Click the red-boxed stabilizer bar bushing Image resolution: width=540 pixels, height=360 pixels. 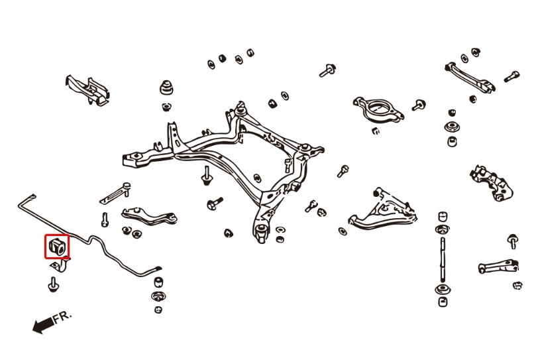click(x=57, y=247)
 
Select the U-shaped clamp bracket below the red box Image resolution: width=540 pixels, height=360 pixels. click(x=60, y=265)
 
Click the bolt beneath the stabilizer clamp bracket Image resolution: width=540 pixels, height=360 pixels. click(x=53, y=284)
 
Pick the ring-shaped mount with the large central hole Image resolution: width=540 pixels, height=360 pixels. click(x=378, y=109)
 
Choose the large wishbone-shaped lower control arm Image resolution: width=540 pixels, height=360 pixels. click(x=382, y=210)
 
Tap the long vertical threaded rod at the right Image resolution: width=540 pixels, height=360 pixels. click(x=443, y=259)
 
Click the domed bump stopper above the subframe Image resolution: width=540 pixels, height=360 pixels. click(x=166, y=88)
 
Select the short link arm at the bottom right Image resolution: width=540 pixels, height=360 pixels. click(x=498, y=267)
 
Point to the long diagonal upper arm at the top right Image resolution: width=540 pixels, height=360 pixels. click(x=470, y=78)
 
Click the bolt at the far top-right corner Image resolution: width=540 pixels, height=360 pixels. click(x=512, y=76)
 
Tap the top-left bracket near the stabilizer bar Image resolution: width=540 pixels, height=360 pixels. click(x=88, y=90)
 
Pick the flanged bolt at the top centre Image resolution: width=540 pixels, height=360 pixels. click(x=327, y=71)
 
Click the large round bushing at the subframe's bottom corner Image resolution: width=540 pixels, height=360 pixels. click(x=262, y=229)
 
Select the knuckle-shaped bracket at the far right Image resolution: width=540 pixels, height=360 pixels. click(x=491, y=182)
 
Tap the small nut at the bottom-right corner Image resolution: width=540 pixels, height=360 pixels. click(x=517, y=285)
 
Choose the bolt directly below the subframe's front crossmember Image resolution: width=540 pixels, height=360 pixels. click(x=206, y=175)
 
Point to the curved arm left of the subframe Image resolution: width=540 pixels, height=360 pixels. click(x=149, y=216)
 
